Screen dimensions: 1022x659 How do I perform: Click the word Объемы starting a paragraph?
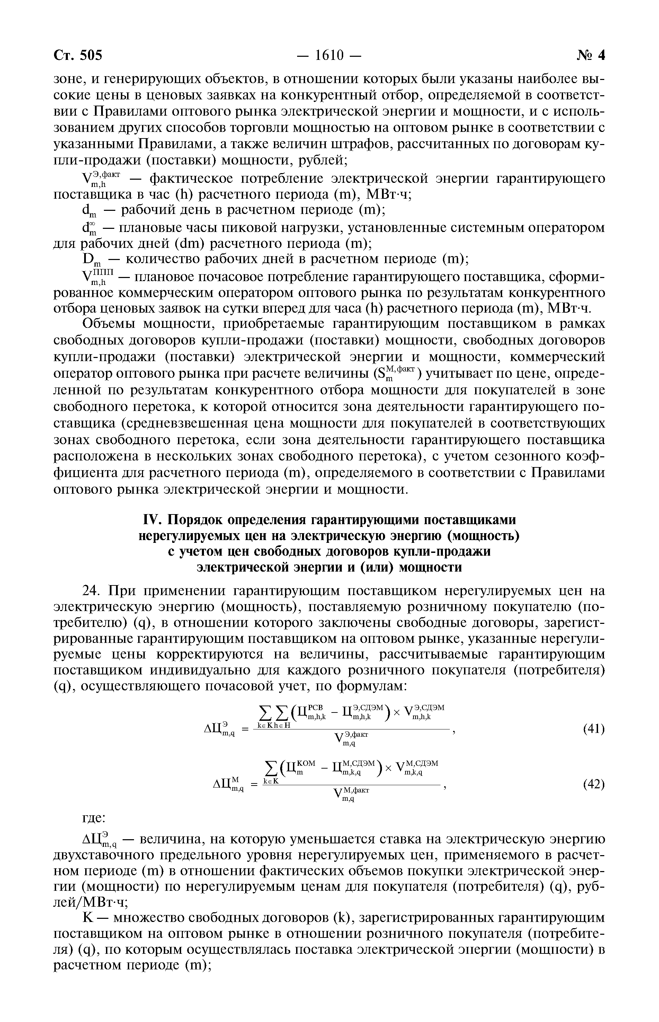pyautogui.click(x=109, y=324)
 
